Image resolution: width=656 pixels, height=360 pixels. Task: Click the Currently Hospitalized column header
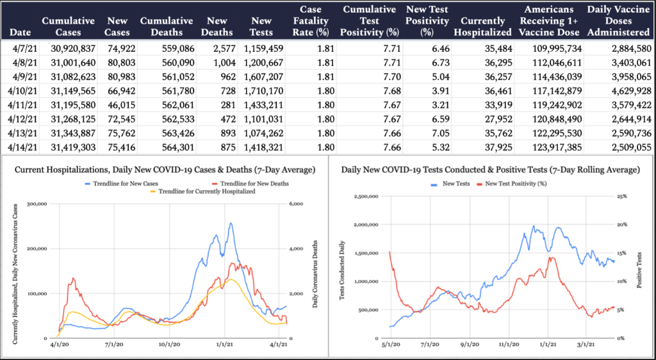pyautogui.click(x=486, y=26)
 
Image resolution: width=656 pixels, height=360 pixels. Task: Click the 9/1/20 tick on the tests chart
pyautogui.click(x=470, y=345)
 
